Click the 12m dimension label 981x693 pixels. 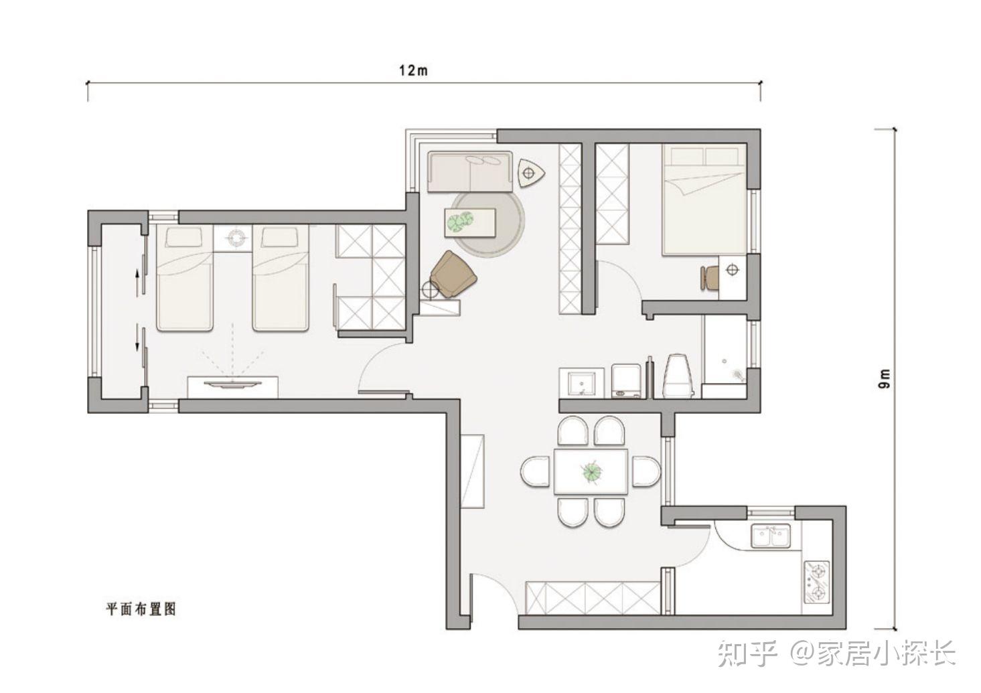click(x=413, y=70)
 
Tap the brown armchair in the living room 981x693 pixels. click(x=453, y=275)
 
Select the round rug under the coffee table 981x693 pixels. click(x=487, y=223)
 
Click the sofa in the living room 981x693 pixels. click(x=470, y=171)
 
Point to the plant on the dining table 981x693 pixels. click(x=591, y=472)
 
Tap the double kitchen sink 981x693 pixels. click(x=771, y=536)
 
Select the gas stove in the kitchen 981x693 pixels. click(x=817, y=583)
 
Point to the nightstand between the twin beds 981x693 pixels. click(x=232, y=238)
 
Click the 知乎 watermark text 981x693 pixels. click(x=747, y=653)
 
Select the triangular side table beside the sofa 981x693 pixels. click(x=532, y=173)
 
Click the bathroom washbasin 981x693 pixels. click(x=582, y=383)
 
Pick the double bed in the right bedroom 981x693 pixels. click(x=704, y=199)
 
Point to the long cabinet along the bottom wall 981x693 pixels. click(x=593, y=598)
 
